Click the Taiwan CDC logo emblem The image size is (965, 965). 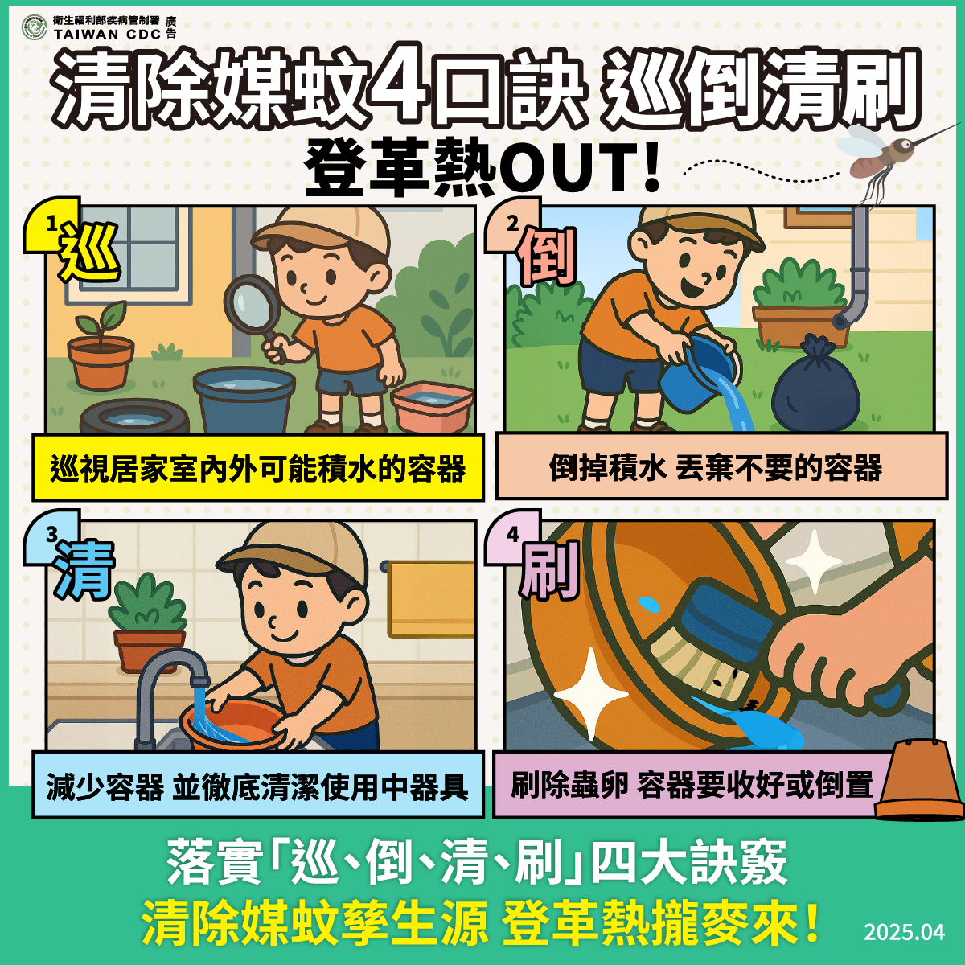[34, 27]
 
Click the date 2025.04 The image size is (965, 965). [904, 932]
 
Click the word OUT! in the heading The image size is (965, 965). [579, 169]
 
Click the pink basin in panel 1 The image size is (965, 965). [432, 406]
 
